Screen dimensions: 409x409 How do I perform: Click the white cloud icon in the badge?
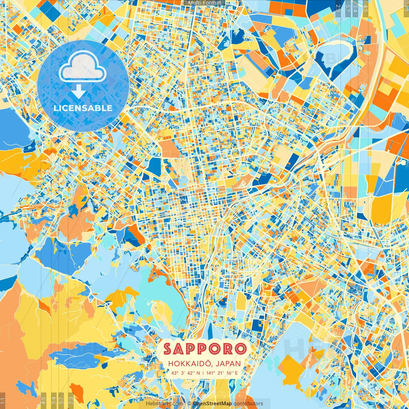pos(82,67)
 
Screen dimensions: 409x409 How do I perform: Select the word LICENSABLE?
pos(83,108)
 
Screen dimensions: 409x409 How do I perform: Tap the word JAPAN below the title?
pos(228,364)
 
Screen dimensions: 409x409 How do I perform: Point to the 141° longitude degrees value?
pos(210,373)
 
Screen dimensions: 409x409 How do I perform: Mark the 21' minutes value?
pos(221,373)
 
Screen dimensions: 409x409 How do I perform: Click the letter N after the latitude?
pos(198,373)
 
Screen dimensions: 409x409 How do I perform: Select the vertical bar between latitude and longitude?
pos(203,373)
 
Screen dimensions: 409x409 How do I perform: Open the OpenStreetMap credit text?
pos(212,404)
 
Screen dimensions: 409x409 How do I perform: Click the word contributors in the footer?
pos(248,404)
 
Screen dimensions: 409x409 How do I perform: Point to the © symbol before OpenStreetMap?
pos(189,404)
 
